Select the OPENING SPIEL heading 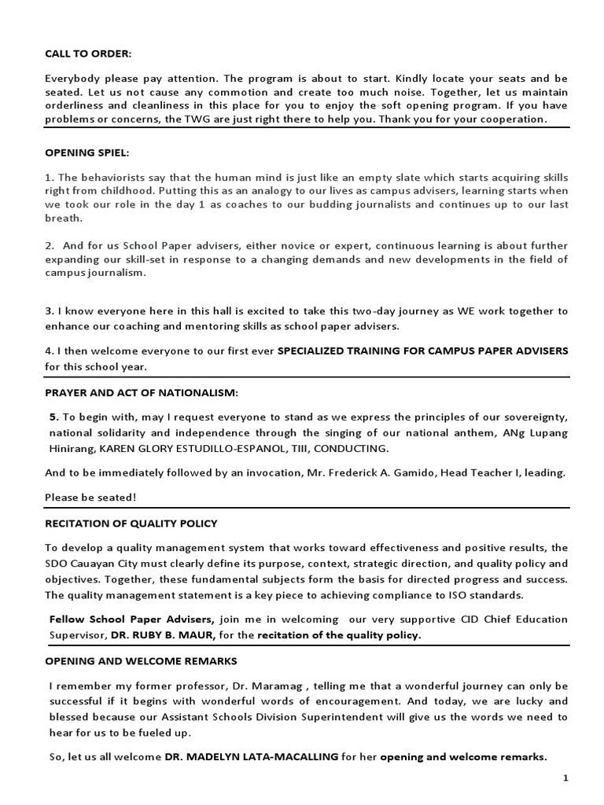point(84,152)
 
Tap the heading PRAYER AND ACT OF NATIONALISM point(141,392)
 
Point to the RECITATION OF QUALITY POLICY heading point(131,523)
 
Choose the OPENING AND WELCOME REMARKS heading point(141,661)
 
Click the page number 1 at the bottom point(565,777)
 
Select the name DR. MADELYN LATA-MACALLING point(252,757)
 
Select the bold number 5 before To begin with point(53,417)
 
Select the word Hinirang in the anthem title point(71,448)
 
